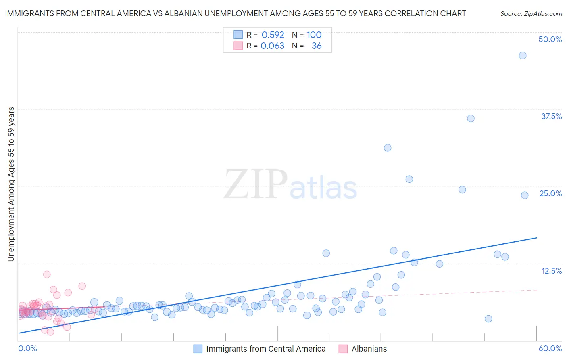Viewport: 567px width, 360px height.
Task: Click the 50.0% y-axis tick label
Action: click(550, 39)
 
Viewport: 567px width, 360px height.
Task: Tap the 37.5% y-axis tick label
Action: click(551, 116)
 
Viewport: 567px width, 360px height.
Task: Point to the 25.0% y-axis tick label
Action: click(550, 193)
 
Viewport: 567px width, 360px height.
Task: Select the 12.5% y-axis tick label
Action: click(551, 271)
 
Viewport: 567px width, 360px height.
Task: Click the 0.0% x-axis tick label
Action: click(27, 348)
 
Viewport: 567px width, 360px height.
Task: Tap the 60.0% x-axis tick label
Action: click(550, 348)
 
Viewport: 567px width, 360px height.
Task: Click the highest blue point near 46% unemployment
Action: click(523, 55)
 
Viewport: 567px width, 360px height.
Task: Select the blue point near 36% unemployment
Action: click(471, 118)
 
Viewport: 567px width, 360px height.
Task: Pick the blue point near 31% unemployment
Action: click(388, 148)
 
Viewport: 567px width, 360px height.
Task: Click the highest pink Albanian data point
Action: click(47, 274)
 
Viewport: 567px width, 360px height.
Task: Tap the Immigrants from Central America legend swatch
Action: click(198, 349)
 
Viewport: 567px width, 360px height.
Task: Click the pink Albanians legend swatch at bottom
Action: click(343, 349)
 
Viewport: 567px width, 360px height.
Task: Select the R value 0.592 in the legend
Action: click(273, 35)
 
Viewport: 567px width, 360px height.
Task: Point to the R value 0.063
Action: click(273, 46)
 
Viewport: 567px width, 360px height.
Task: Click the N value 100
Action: click(314, 35)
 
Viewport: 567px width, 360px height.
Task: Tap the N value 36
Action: click(317, 46)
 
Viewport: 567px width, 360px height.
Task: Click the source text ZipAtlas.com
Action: click(531, 13)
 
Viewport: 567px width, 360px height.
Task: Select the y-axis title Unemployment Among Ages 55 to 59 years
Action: click(11, 184)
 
